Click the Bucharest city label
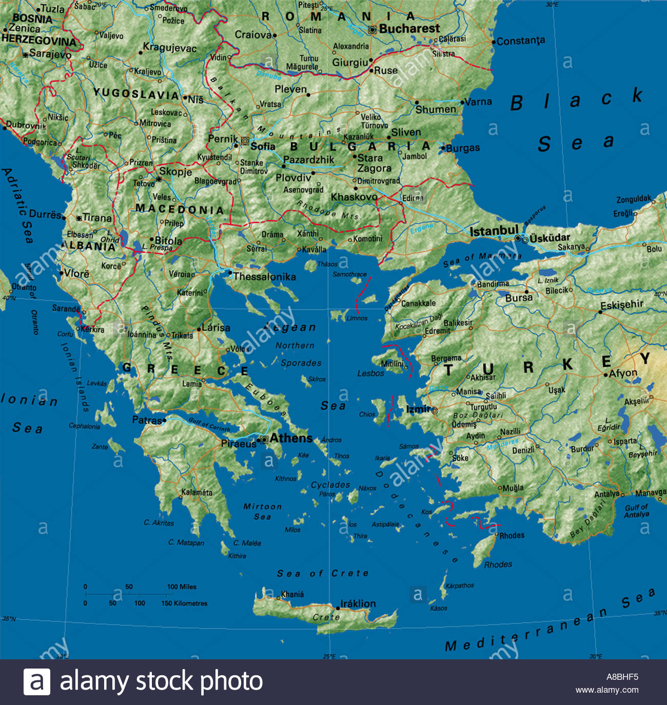(409, 29)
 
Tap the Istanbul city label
(494, 231)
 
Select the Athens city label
(291, 438)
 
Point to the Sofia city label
(263, 146)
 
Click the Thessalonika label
(264, 277)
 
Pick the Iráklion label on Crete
(358, 603)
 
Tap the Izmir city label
(418, 409)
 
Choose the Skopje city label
(175, 172)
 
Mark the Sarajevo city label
(50, 53)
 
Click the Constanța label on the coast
(521, 41)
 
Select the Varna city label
(478, 102)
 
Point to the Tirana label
(97, 218)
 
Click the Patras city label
(147, 420)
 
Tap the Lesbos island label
(370, 373)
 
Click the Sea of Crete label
(323, 573)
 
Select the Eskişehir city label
(621, 305)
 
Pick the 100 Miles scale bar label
(182, 586)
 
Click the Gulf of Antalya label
(636, 510)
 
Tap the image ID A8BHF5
(622, 677)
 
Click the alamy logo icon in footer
(37, 682)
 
